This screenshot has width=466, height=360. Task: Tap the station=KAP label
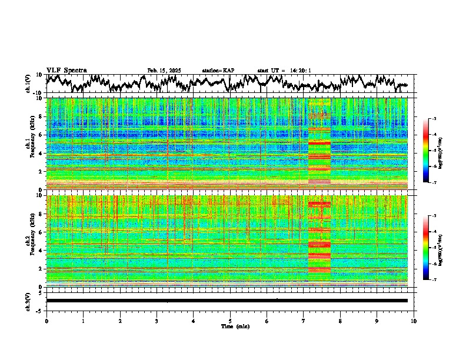pos(218,71)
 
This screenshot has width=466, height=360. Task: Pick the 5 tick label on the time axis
pos(230,321)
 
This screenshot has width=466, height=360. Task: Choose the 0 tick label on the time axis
pos(46,321)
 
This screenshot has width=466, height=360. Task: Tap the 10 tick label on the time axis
pos(414,321)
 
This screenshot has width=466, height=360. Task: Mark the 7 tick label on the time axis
pos(304,321)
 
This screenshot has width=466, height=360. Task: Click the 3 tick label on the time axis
pos(157,321)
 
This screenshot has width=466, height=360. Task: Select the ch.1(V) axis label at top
pos(28,84)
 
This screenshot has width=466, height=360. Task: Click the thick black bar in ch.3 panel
pos(227,301)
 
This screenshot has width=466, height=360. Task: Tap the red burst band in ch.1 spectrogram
pos(319,143)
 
